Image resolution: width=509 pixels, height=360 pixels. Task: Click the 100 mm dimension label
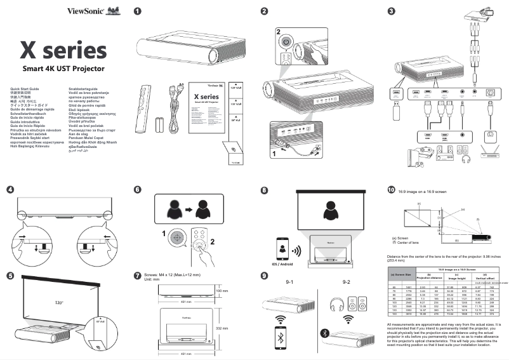point(221,291)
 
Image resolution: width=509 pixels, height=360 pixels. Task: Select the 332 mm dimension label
point(221,328)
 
